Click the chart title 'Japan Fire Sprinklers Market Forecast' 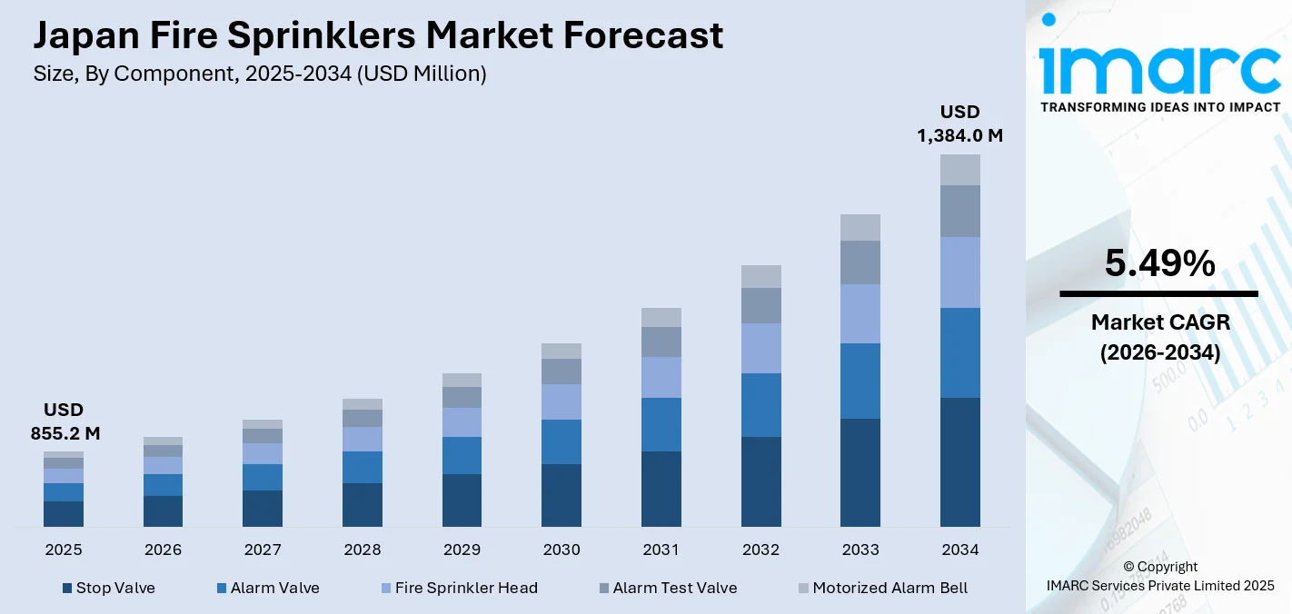(x=378, y=35)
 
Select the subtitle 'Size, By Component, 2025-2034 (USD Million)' (x=260, y=74)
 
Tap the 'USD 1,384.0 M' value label (x=959, y=124)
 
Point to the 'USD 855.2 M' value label (x=65, y=421)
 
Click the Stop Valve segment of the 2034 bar (x=959, y=461)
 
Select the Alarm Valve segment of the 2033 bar (x=860, y=381)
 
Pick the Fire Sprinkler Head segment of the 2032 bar (x=760, y=348)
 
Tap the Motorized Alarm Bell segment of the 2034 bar (x=959, y=170)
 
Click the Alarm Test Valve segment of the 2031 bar (x=661, y=342)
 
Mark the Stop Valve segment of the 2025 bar (x=64, y=513)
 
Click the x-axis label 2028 (x=362, y=550)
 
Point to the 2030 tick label (x=561, y=550)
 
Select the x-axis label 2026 (x=163, y=550)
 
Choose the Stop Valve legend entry (x=108, y=588)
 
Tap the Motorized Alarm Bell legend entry (x=882, y=588)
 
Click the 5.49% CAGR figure (x=1159, y=263)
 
